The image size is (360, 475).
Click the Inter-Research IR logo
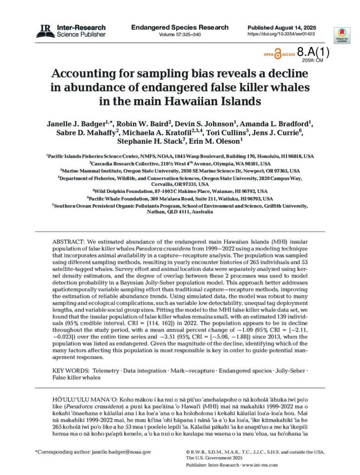(x=45, y=31)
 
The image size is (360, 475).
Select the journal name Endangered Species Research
(x=180, y=27)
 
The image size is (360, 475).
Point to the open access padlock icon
(x=278, y=54)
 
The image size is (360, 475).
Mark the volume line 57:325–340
(x=180, y=35)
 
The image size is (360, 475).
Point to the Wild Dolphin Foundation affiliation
(x=180, y=191)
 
